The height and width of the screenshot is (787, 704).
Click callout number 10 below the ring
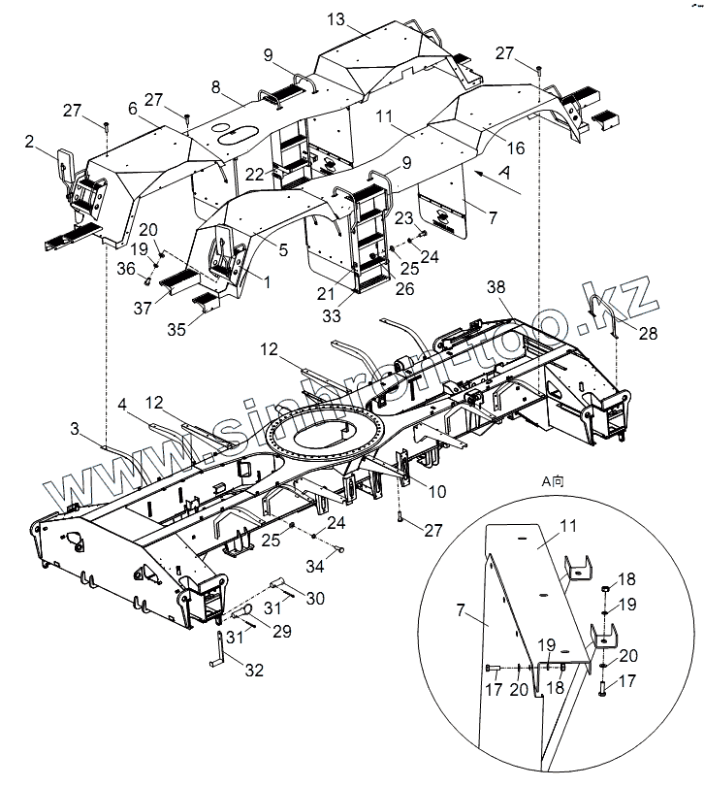pos(437,492)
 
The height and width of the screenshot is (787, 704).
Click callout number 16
pos(514,148)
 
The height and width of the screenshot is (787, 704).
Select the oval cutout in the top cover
pos(240,136)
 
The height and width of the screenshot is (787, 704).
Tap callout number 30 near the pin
pos(314,600)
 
